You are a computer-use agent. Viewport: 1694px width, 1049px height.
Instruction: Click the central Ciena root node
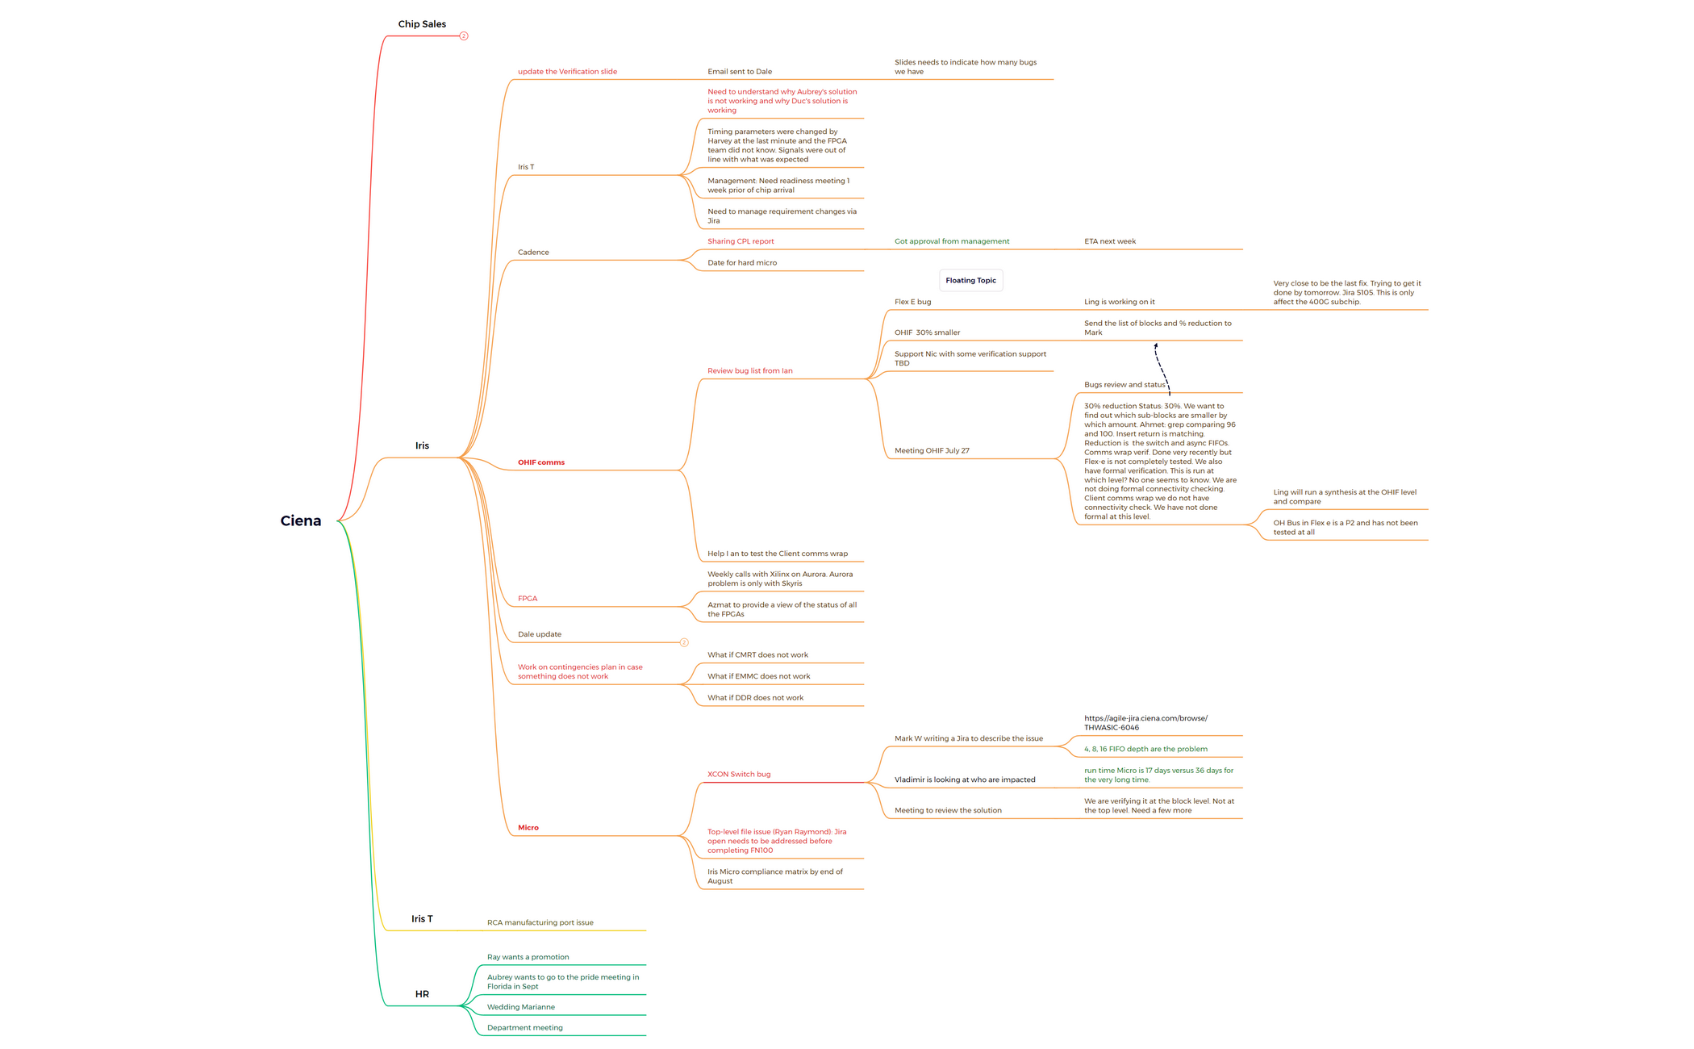pos(300,520)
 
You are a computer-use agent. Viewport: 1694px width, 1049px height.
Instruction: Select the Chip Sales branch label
pos(422,24)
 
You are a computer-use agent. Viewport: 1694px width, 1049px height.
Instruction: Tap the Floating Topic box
pos(971,280)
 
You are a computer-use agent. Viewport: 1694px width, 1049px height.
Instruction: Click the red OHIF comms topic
pos(541,462)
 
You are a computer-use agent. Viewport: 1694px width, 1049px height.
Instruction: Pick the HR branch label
pos(422,994)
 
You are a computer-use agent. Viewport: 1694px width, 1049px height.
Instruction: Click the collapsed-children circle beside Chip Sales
pos(464,36)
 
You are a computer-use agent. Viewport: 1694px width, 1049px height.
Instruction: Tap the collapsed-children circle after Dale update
pos(684,643)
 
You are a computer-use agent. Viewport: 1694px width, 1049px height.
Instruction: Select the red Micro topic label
pos(528,828)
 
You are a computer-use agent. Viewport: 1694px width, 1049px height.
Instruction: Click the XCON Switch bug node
pos(739,775)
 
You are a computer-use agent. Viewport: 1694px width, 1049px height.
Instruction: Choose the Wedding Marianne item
pos(521,1007)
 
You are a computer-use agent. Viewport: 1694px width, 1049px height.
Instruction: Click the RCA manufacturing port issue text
pos(540,922)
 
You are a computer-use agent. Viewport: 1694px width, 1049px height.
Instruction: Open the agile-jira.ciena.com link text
pos(1146,723)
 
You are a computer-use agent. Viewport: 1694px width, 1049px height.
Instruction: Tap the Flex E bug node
pos(913,302)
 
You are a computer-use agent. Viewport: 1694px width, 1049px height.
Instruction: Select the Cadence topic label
pos(533,253)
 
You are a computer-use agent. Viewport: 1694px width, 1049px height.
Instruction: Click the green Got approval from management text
pos(952,241)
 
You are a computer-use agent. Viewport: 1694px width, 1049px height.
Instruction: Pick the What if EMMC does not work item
pos(759,676)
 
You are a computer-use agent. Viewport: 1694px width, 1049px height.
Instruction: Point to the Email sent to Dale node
pos(740,72)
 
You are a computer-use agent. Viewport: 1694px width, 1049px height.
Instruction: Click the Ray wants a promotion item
pos(528,957)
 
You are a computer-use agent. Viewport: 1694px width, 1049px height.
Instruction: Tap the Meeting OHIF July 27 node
pos(933,451)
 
